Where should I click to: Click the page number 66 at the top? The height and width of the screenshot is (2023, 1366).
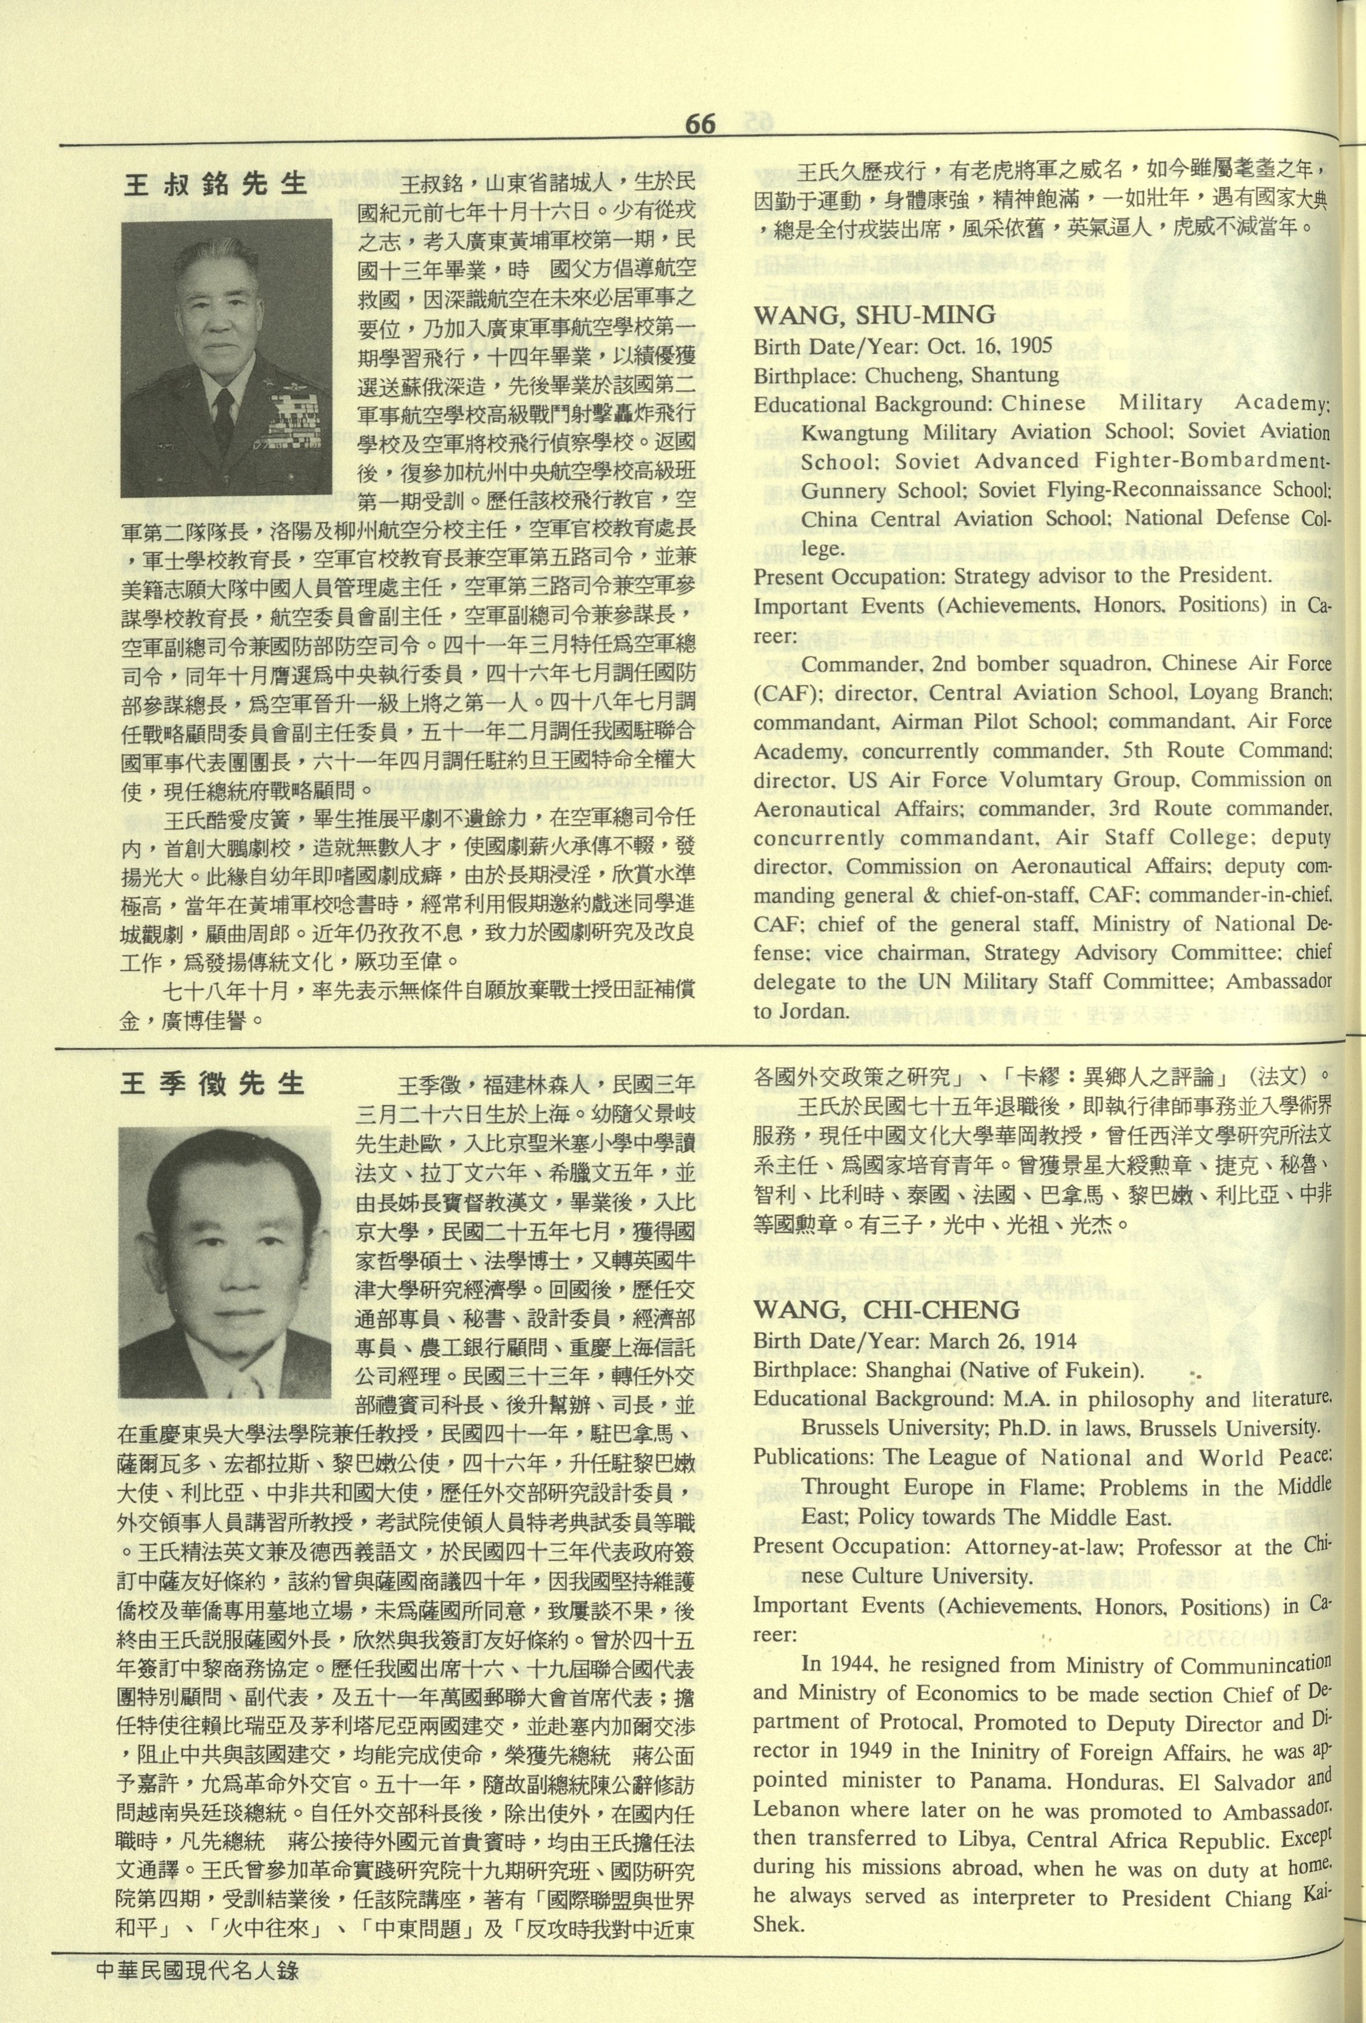point(700,124)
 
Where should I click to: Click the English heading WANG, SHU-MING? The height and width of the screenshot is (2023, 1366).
point(874,315)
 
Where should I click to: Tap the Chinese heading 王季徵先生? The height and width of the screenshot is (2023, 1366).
point(212,1084)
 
